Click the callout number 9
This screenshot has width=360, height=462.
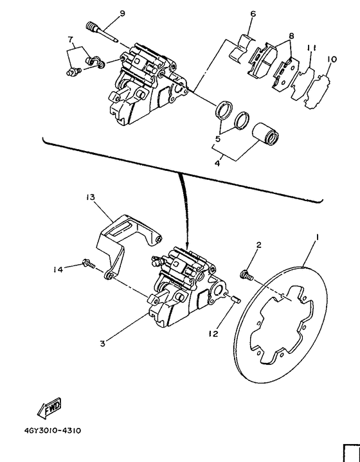tap(122, 13)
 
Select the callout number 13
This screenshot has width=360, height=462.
tap(90, 197)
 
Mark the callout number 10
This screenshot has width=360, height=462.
tap(332, 59)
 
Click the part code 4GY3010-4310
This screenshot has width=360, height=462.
tap(54, 431)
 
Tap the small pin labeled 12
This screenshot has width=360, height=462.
tap(235, 297)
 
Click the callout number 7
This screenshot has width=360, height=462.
tap(71, 40)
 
